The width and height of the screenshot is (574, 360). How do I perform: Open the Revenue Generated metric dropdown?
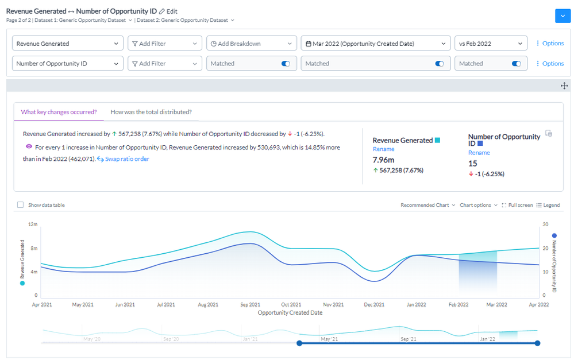point(68,44)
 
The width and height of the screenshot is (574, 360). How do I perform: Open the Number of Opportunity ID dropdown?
point(68,64)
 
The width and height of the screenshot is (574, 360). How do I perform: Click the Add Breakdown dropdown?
point(252,44)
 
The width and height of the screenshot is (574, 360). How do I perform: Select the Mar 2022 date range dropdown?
point(375,44)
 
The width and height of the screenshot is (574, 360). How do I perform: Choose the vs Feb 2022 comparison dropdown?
point(491,44)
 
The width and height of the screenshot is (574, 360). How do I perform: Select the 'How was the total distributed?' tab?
point(151,112)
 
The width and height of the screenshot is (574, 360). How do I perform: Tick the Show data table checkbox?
point(21,205)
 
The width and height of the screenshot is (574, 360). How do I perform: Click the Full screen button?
point(517,205)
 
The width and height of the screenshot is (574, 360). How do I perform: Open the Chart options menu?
point(479,205)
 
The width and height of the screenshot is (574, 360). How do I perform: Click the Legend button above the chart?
point(548,205)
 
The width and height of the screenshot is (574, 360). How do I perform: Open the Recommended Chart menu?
point(428,205)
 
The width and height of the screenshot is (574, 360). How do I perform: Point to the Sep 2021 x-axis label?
point(250,305)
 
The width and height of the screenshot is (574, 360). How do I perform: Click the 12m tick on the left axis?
point(33,224)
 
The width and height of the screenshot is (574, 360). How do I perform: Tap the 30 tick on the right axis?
point(545,224)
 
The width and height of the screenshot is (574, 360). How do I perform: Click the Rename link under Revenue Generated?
point(383,149)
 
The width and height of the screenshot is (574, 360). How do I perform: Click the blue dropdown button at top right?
point(563,16)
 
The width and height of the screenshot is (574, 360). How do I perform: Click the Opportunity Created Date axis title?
point(290,313)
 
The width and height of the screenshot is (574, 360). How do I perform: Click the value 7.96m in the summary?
point(384,160)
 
